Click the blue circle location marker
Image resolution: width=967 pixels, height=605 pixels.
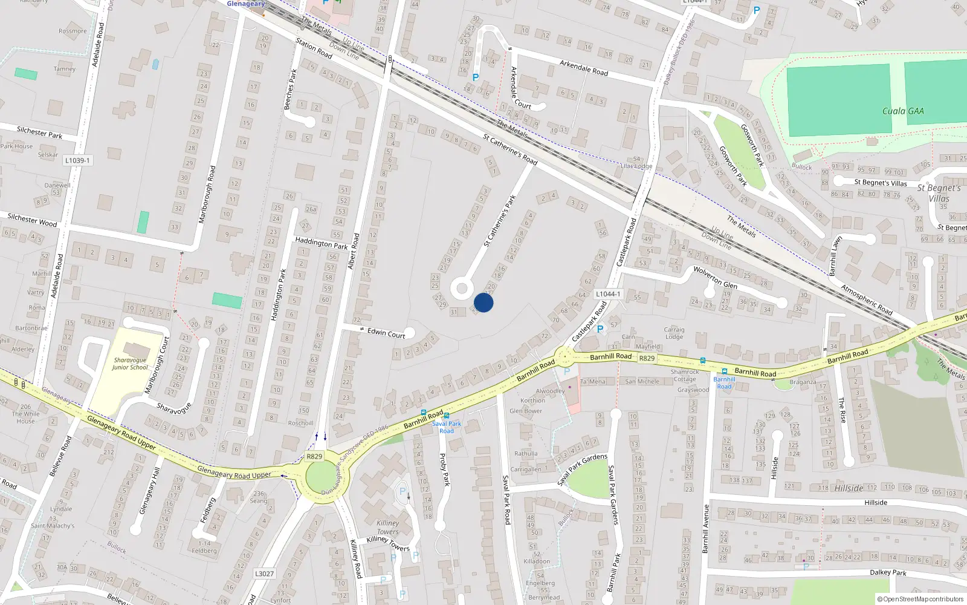point(483,302)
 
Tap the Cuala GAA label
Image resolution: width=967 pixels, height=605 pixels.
point(902,111)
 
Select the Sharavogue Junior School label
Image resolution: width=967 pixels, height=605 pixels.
point(130,364)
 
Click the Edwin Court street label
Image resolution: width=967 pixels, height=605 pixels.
point(386,333)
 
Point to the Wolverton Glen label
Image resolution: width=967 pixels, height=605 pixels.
point(715,277)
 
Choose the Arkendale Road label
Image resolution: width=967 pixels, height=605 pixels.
point(583,67)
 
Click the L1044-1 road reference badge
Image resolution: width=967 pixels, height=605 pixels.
point(607,294)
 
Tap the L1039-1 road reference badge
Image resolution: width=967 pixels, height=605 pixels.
point(77,160)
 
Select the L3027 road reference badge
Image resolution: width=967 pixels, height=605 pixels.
point(264,574)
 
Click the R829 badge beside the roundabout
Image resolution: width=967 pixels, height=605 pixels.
point(314,456)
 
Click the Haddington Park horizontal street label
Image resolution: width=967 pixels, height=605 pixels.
point(321,243)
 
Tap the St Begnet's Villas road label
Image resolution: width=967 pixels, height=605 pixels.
point(880,183)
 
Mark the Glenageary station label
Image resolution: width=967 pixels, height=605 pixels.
point(245,4)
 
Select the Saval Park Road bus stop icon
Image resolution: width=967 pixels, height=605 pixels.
point(446,416)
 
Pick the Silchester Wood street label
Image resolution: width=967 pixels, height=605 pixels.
point(32,220)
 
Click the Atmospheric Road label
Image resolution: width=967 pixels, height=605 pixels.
point(867,299)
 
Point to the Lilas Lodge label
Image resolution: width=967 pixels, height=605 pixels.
point(636,166)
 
